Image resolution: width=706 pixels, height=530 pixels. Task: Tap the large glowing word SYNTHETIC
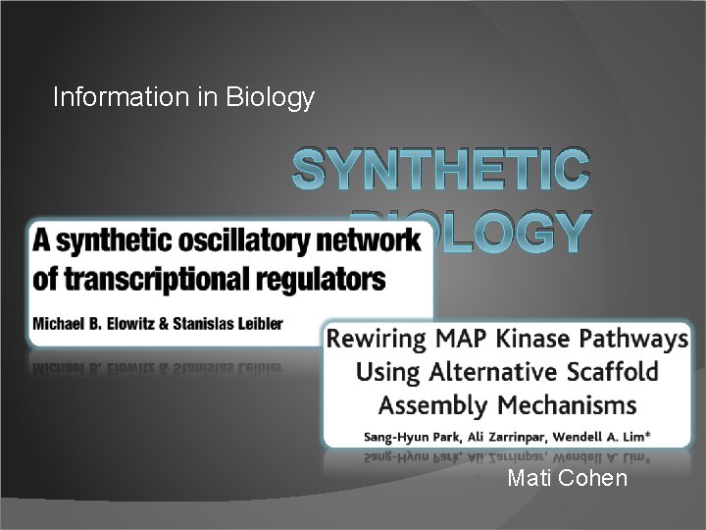[441, 170]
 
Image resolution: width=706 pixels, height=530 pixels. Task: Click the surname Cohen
[595, 479]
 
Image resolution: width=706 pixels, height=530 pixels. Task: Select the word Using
[386, 373]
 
